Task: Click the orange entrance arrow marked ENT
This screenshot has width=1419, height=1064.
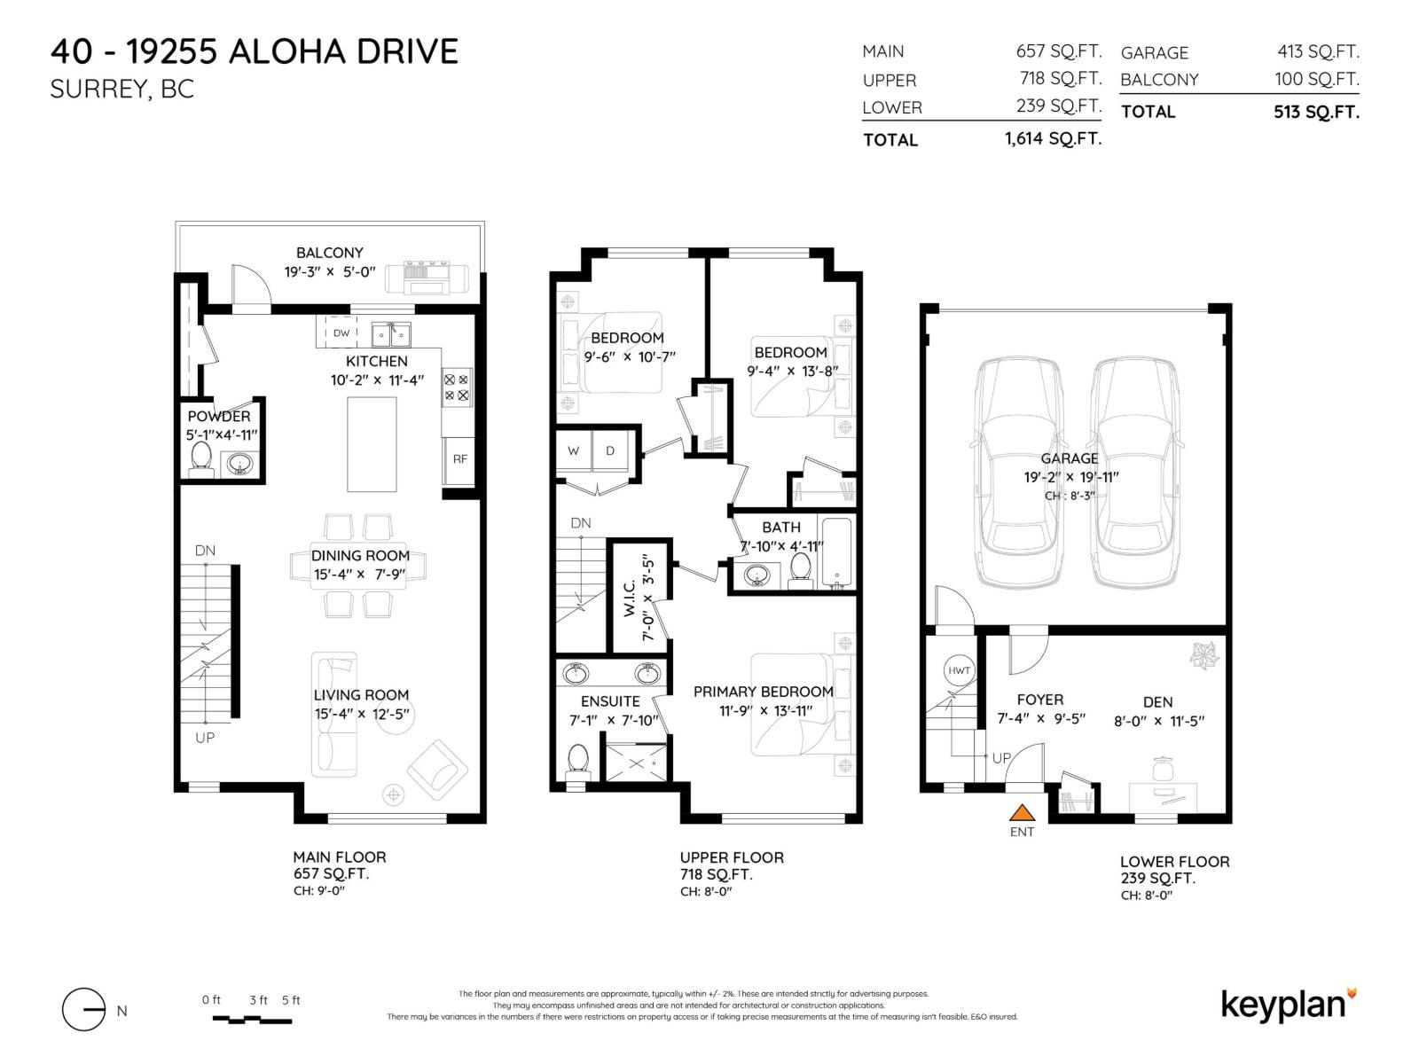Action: [x=1023, y=812]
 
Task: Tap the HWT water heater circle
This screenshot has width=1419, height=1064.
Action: [x=959, y=670]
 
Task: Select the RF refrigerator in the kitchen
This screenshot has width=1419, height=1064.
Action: [x=459, y=459]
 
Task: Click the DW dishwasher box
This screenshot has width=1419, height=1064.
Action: [x=341, y=333]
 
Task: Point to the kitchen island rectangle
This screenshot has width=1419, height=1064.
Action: [x=372, y=443]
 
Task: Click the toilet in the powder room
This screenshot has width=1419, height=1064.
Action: [x=201, y=458]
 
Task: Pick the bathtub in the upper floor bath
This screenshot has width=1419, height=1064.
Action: [x=836, y=552]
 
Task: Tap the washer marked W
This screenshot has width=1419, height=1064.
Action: [x=574, y=451]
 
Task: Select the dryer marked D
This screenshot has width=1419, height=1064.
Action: [x=610, y=451]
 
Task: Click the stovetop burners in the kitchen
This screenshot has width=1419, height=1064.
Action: [x=457, y=387]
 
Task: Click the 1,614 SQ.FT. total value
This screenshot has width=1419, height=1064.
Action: [x=1053, y=139]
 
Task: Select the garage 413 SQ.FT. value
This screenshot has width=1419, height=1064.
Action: [x=1318, y=52]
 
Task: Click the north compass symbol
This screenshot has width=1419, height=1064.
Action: [x=83, y=1010]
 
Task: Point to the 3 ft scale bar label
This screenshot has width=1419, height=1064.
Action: [x=258, y=1000]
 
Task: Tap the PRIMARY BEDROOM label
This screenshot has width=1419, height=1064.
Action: [x=763, y=692]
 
